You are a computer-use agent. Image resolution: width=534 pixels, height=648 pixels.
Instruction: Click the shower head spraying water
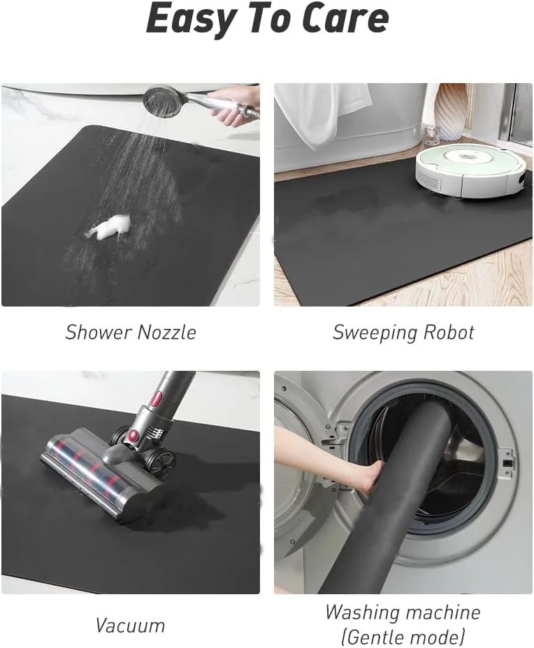click(x=162, y=101)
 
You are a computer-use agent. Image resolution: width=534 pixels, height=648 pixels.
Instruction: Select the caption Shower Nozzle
click(x=131, y=332)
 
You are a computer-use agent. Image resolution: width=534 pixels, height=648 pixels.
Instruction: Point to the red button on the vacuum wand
click(x=158, y=399)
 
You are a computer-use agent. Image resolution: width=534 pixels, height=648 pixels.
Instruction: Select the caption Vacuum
click(x=130, y=625)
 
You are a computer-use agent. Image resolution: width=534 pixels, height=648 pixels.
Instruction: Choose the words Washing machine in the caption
click(x=403, y=612)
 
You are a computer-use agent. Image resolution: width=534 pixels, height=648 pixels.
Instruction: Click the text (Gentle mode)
click(x=403, y=637)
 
